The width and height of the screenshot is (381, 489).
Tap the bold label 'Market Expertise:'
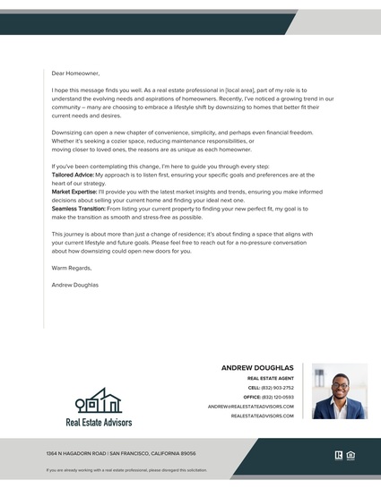[74, 192]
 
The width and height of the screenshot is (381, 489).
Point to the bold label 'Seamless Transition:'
[78, 208]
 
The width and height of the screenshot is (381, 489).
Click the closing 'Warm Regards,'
[72, 267]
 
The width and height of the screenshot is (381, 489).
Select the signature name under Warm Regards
[75, 285]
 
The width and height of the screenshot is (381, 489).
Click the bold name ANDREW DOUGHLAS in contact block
[256, 367]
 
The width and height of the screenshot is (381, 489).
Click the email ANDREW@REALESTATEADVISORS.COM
[250, 407]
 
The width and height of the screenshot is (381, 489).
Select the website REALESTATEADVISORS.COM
[262, 416]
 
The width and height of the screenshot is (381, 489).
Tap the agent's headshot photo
[340, 391]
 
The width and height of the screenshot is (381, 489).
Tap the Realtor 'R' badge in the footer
[339, 454]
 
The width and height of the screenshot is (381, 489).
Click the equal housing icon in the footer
[351, 454]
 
